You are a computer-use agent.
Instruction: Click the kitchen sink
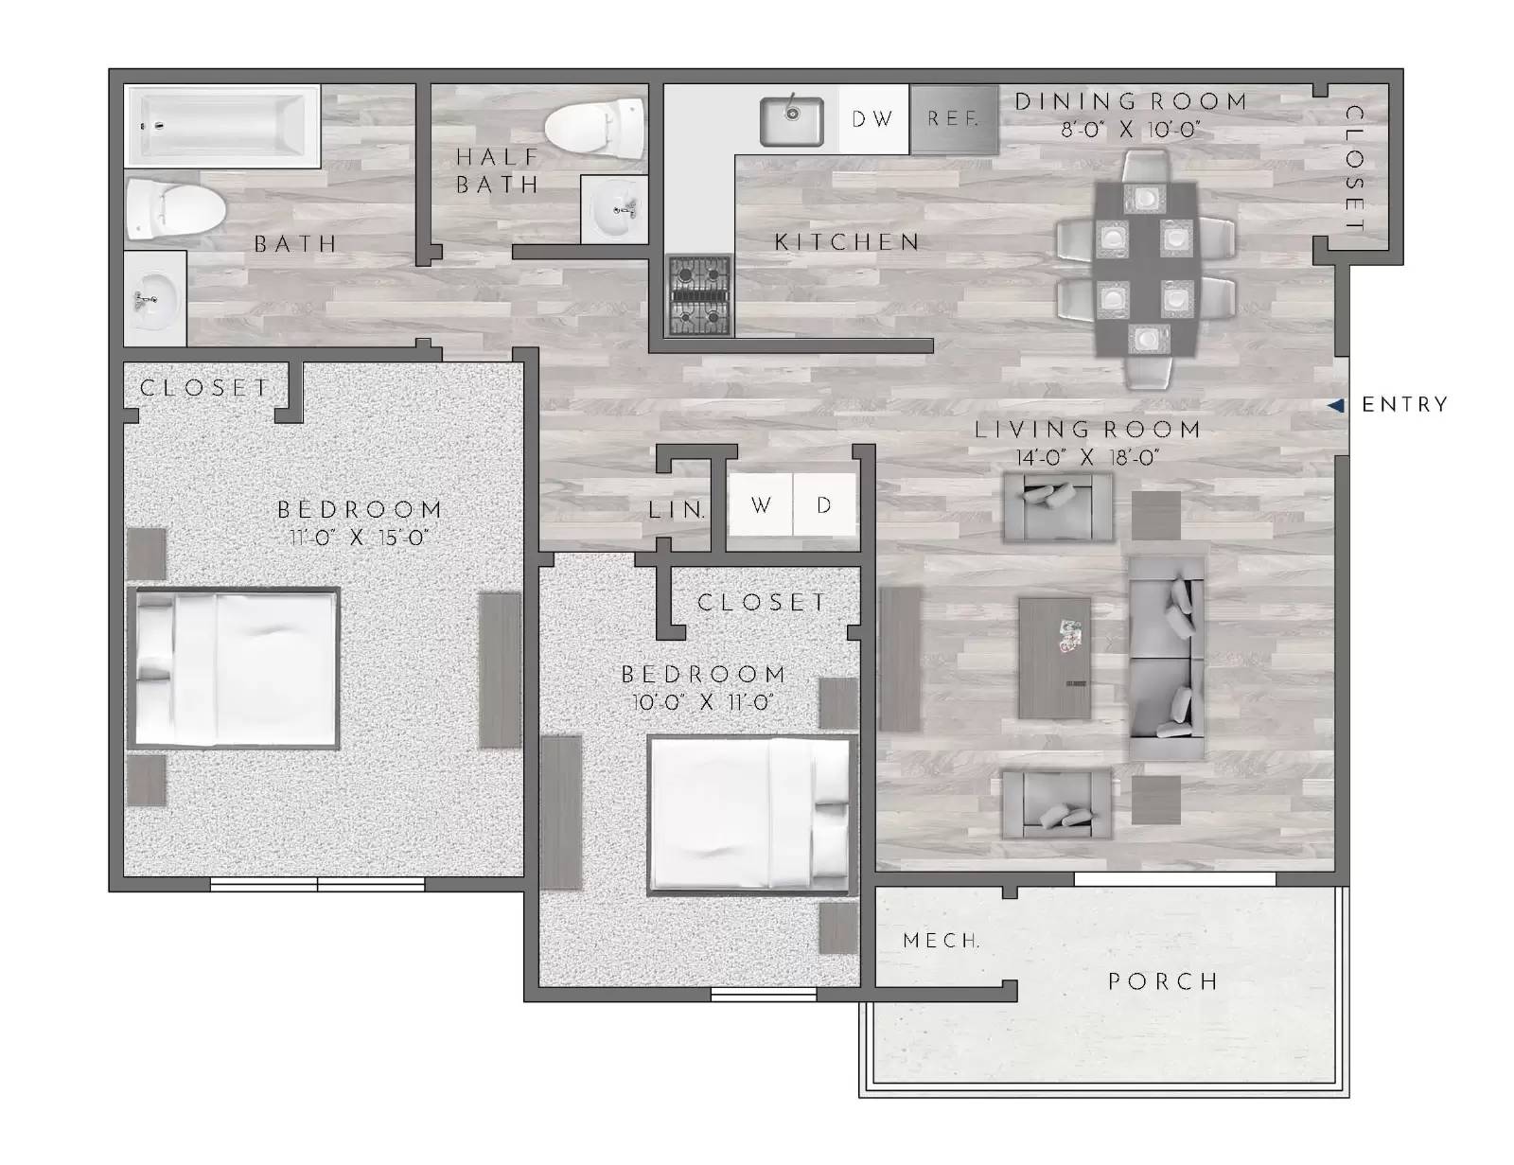[x=791, y=120]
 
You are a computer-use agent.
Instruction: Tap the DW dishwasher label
[x=872, y=119]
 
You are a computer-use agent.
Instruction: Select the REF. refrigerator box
[x=954, y=119]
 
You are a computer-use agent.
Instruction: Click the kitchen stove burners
[x=699, y=296]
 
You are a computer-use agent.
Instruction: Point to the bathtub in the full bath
[x=223, y=127]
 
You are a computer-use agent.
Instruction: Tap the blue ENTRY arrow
[x=1335, y=405]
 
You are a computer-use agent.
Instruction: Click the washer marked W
[x=761, y=505]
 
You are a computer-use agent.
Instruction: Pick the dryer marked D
[x=824, y=505]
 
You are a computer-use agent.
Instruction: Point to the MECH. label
[x=941, y=941]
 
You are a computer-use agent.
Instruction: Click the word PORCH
[x=1163, y=981]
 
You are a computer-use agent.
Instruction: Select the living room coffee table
[x=1054, y=658]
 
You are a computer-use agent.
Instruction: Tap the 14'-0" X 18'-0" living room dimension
[x=1088, y=458]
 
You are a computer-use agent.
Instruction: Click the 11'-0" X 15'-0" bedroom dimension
[x=360, y=538]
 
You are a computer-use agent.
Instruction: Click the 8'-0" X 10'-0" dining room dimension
[x=1130, y=130]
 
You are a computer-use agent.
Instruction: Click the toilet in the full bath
[x=175, y=206]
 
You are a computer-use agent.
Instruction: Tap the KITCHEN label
[x=847, y=242]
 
